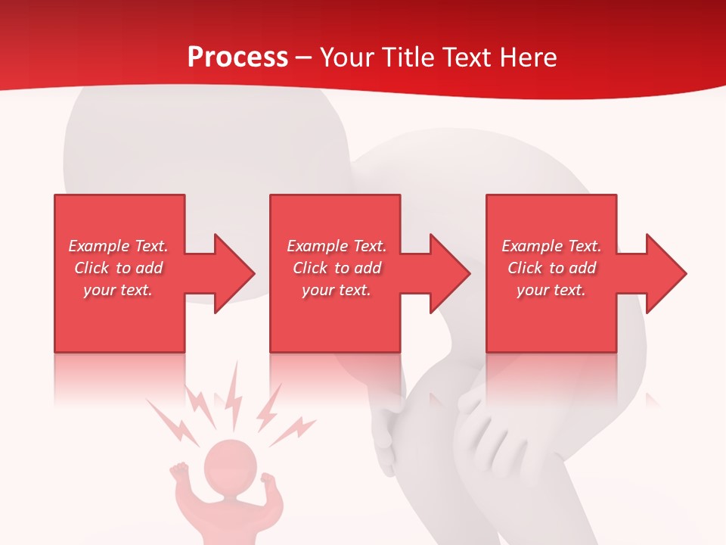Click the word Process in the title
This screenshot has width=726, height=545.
pos(237,58)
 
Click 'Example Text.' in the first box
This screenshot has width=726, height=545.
pos(119,246)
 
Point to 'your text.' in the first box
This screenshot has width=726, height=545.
pos(118,290)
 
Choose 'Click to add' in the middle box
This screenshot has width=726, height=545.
pos(337,268)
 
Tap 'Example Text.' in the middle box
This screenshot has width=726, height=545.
pos(337,246)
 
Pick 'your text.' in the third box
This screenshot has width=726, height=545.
pos(551,290)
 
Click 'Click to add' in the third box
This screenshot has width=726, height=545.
pos(551,268)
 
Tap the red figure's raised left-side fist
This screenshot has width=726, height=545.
pos(178,472)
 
